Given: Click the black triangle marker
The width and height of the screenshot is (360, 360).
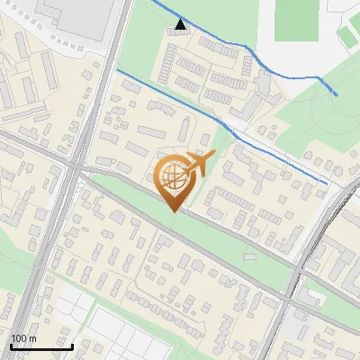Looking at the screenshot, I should (x=181, y=24).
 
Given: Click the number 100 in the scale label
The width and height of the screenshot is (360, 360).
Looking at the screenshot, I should (x=19, y=338).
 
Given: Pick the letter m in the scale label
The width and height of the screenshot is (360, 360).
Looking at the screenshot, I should (x=33, y=338).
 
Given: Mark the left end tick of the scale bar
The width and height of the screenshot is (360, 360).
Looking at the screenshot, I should (x=11, y=346).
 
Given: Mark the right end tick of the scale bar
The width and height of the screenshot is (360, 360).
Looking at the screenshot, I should (x=73, y=346).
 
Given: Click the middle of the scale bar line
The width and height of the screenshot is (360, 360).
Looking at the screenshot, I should (x=41, y=346).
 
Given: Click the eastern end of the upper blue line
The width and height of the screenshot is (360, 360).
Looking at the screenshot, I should (x=337, y=94).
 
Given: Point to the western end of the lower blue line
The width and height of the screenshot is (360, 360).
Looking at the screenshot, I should (x=118, y=70).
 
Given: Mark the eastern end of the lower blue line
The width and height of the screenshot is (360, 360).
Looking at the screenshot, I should (x=325, y=184).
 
